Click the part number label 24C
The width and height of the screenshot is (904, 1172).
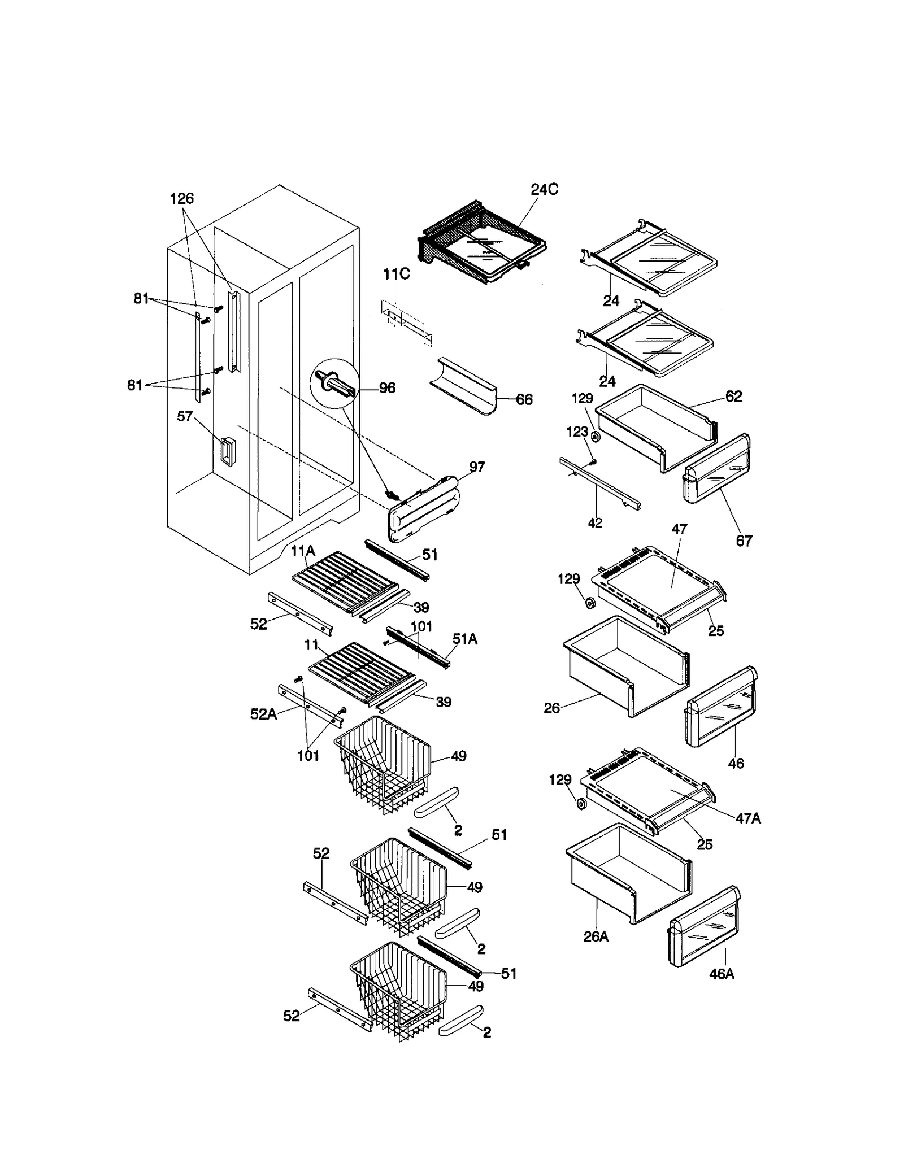[544, 190]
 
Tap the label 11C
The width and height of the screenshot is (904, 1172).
[396, 275]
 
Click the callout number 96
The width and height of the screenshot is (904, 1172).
[387, 388]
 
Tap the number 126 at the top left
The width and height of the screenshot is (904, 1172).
[181, 199]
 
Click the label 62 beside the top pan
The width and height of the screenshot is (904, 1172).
[733, 397]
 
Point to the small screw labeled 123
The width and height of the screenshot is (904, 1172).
[592, 463]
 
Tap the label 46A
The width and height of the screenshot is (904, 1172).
[722, 974]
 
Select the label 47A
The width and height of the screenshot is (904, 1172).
[748, 818]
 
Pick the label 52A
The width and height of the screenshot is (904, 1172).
[263, 714]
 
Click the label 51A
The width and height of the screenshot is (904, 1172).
[464, 639]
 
